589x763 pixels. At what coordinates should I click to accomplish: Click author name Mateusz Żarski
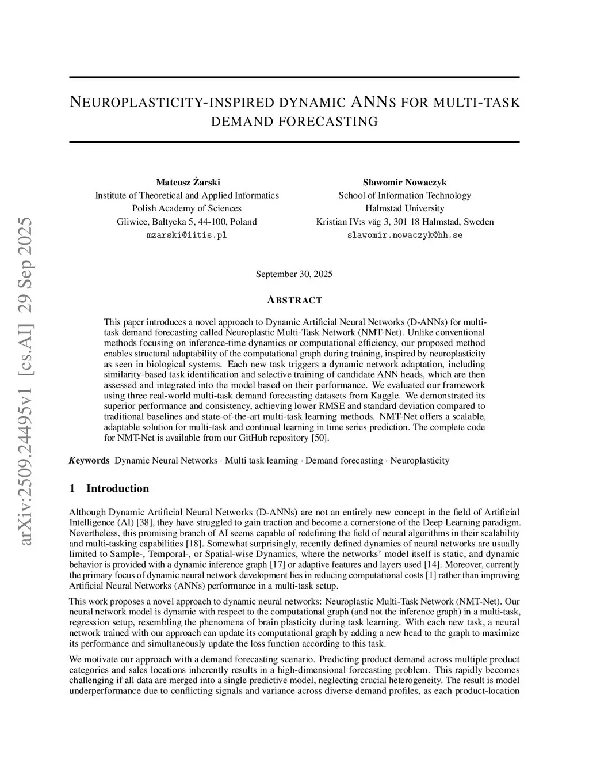pos(188,183)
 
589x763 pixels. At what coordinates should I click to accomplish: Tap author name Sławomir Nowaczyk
pos(405,183)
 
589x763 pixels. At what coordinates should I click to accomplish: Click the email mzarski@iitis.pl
pos(187,236)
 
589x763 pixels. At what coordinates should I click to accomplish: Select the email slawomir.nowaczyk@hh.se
pos(405,236)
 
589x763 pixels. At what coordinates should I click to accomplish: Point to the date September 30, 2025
pos(294,274)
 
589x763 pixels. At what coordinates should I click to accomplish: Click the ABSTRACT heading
pos(294,300)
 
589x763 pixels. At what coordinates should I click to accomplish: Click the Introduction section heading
pos(117,488)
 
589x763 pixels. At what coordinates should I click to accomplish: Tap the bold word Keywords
pos(89,460)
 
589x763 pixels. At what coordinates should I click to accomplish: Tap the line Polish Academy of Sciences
pos(187,208)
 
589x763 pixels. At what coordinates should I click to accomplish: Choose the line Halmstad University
pos(405,208)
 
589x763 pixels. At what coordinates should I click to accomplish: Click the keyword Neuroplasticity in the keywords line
pos(420,460)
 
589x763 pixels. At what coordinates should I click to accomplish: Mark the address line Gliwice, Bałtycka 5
pos(187,222)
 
